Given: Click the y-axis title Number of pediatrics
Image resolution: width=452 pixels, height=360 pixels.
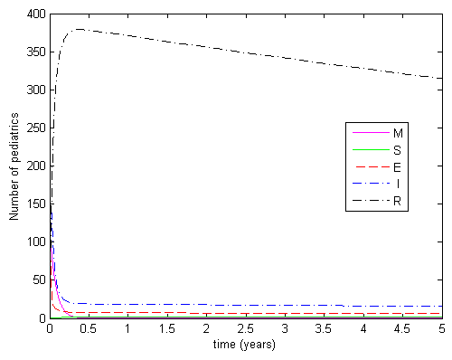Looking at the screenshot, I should [x=14, y=166].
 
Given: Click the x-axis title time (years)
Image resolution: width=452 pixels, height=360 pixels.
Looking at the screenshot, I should [x=246, y=345].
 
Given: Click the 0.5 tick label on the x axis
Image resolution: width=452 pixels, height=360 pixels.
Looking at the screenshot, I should [x=89, y=329].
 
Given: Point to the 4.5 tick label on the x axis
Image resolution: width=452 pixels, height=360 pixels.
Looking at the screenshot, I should [x=402, y=329].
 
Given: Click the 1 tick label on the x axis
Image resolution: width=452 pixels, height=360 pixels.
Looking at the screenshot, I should [x=128, y=329].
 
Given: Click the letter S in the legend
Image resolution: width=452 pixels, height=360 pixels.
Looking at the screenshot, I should [x=398, y=150].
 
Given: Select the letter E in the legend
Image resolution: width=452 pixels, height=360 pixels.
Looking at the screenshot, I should [x=398, y=167].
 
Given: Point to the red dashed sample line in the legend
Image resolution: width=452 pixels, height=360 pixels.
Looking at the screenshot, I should [x=370, y=167].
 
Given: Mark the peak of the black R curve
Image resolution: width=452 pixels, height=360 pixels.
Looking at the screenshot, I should [x=80, y=29].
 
